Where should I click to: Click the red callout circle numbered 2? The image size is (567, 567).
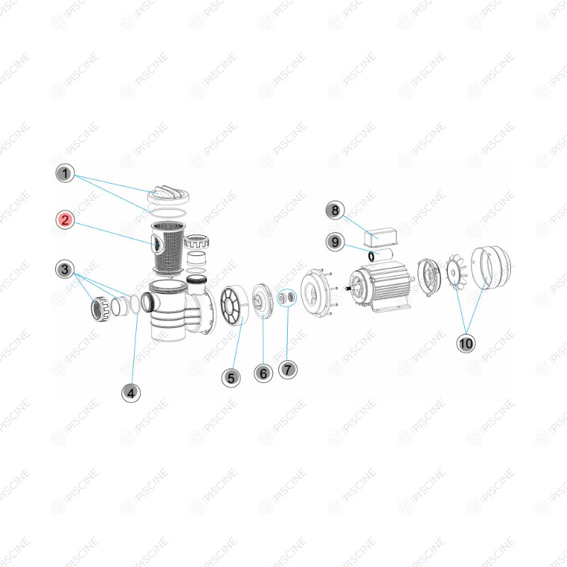65,220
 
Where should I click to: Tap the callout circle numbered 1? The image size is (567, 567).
65,174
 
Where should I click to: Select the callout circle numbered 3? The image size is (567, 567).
65,269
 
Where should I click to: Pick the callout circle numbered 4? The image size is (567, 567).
131,393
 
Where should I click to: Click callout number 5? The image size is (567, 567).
231,378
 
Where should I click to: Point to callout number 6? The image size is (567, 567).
263,374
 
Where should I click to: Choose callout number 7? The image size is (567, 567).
288,369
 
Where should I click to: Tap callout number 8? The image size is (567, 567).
335,210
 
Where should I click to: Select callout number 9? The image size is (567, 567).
335,242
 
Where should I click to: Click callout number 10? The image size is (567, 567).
466,343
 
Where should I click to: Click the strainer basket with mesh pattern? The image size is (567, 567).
169,247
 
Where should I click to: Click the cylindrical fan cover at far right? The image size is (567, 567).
490,267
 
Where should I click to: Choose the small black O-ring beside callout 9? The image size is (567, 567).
371,256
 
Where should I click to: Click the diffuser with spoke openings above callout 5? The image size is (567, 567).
235,305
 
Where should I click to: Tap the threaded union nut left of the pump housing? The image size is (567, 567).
100,309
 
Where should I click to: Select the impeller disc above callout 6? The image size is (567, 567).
263,301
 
